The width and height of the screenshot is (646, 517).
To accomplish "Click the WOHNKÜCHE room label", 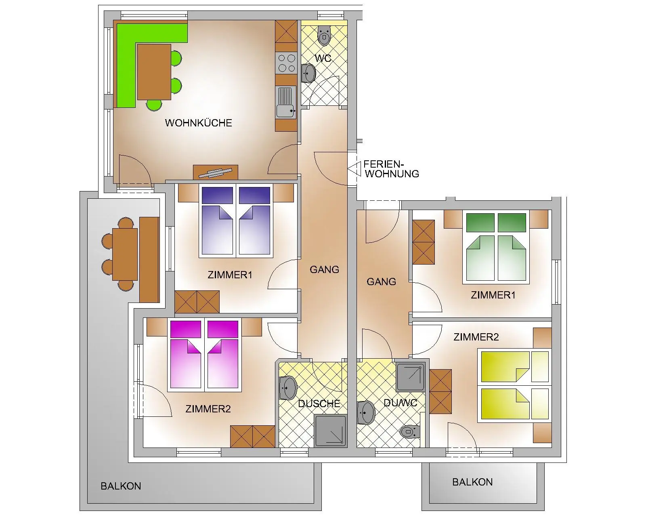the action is (x=198, y=123).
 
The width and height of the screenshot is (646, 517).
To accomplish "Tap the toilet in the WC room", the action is (x=324, y=35).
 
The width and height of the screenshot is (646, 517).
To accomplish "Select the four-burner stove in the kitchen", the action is (x=286, y=63).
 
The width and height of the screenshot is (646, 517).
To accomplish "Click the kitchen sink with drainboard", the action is (x=286, y=102).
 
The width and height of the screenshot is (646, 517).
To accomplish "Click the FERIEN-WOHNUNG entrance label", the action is (x=391, y=169).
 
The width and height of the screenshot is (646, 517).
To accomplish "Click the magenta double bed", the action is (x=204, y=355).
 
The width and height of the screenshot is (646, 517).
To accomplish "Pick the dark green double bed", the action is (x=496, y=247).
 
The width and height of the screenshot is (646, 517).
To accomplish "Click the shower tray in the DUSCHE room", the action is (x=330, y=431).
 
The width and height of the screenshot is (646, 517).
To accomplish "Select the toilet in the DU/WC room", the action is (x=410, y=432).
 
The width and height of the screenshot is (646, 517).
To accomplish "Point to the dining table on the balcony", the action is (x=125, y=254).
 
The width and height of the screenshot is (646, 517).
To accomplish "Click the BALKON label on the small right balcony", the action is (x=472, y=482).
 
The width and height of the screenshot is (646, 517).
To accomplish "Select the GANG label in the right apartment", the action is (x=381, y=282).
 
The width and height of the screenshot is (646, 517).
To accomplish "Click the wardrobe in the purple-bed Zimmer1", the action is (x=197, y=302).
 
